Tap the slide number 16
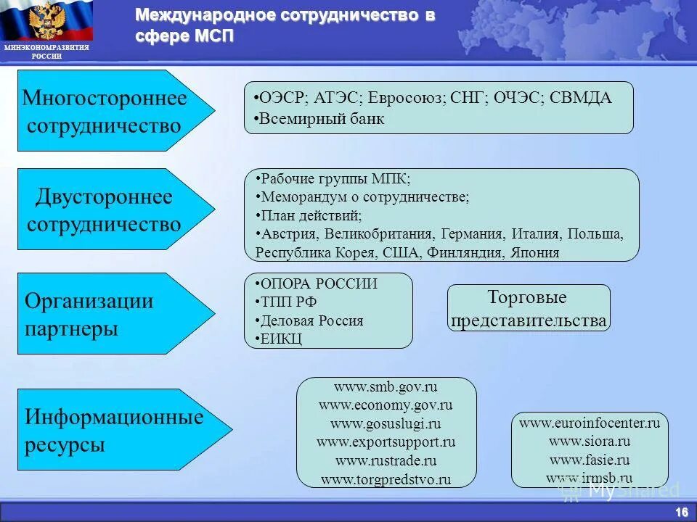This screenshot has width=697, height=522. pyautogui.click(x=681, y=512)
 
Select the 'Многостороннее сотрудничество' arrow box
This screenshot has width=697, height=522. pyautogui.click(x=109, y=111)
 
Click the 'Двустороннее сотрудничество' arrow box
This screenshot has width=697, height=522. pyautogui.click(x=109, y=210)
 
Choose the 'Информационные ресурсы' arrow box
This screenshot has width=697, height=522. pyautogui.click(x=113, y=430)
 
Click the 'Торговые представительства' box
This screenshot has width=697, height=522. pyautogui.click(x=529, y=309)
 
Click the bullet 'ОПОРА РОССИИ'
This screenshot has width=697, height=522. pyautogui.click(x=319, y=283)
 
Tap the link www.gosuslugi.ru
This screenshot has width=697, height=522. pyautogui.click(x=386, y=423)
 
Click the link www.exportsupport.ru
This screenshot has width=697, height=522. pyautogui.click(x=386, y=442)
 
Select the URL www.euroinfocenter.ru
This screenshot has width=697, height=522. pyautogui.click(x=590, y=423)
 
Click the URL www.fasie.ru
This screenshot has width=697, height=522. pyautogui.click(x=590, y=460)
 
